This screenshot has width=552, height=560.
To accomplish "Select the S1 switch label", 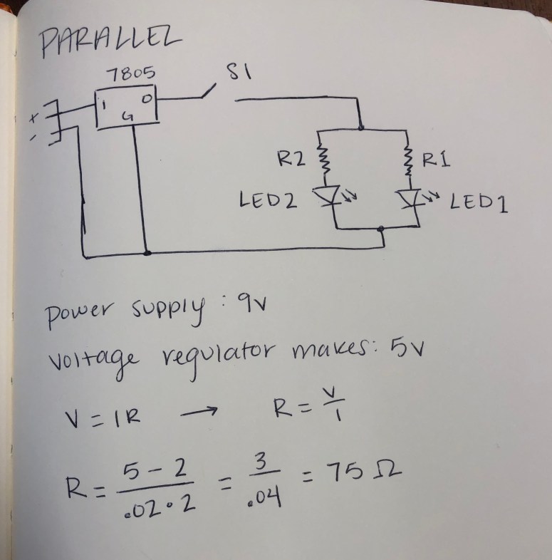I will pos(236,73).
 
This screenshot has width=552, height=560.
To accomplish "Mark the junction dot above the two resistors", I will pos(363,129).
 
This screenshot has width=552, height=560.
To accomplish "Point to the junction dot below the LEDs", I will pos(382,229).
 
